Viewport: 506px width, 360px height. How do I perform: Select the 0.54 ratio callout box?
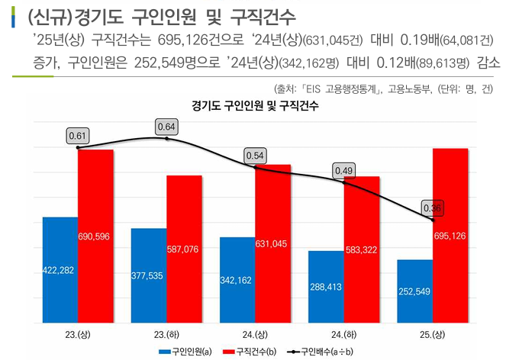pyautogui.click(x=256, y=156)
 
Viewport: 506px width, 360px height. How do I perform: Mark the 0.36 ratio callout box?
pyautogui.click(x=433, y=208)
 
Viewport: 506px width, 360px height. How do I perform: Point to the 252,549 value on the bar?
pyautogui.click(x=414, y=291)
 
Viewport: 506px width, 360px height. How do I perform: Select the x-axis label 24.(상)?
pyautogui.click(x=256, y=334)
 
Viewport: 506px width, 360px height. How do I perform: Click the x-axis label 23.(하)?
pyautogui.click(x=167, y=334)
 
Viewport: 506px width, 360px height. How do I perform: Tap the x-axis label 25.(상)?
pyautogui.click(x=433, y=334)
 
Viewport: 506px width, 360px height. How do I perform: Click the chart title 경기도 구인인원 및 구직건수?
pyautogui.click(x=255, y=106)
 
